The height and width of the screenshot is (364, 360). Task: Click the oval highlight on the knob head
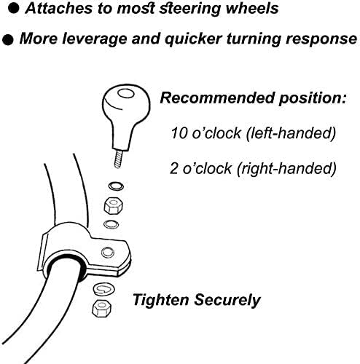coord(125,93)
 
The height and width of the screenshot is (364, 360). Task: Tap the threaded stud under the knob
coord(119,159)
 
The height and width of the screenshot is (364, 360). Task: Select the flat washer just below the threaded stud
coord(116,186)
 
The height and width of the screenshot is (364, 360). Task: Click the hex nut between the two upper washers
coord(113,205)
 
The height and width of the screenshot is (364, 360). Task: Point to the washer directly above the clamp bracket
coord(111,224)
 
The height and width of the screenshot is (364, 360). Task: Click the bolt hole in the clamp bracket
coord(108,253)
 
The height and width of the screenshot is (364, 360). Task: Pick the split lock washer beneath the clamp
coord(104,289)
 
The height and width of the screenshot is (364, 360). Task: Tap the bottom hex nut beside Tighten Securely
coord(102,308)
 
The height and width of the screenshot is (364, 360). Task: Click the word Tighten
coord(161,300)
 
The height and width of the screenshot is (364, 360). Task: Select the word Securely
coord(227,300)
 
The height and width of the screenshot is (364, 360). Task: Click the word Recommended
coord(218,98)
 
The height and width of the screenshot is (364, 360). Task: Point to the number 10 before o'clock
coord(179,133)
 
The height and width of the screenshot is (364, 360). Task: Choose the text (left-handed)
coord(291,133)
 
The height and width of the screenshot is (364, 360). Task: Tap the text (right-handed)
coord(286,168)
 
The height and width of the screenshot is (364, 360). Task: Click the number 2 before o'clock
coord(174,168)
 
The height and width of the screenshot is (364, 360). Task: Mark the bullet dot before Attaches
coord(13,9)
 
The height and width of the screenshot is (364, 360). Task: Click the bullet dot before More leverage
coord(8,40)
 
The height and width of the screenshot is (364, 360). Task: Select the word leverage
coord(95,39)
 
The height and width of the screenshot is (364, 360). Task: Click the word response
coord(321,39)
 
